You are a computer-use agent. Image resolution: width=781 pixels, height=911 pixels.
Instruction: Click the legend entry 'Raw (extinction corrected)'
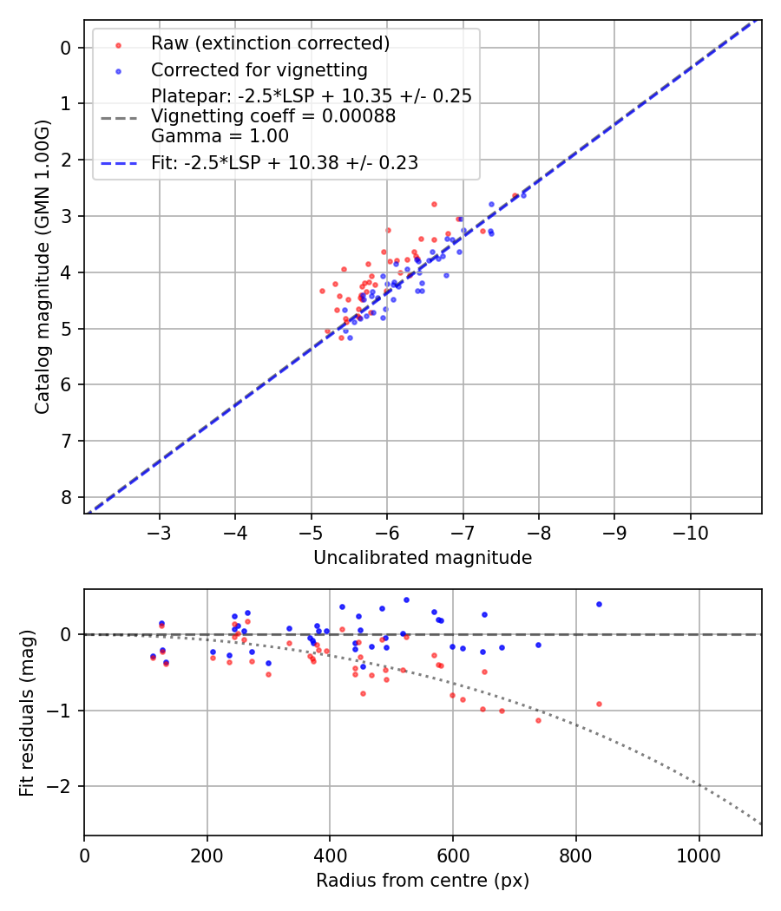click(270, 43)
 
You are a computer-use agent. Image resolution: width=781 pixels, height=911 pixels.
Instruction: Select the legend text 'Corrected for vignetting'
click(259, 69)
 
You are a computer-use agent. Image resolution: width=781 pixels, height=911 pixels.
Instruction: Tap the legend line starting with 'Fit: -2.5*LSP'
click(285, 162)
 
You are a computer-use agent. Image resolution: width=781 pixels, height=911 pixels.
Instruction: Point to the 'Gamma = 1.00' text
click(220, 136)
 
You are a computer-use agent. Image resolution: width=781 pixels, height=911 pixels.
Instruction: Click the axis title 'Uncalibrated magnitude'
click(423, 558)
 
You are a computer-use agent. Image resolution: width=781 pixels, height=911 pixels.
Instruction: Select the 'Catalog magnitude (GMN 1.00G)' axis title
click(43, 266)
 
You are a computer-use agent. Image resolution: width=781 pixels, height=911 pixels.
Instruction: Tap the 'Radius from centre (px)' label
click(423, 881)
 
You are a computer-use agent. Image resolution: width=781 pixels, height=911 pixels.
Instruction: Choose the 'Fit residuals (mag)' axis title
click(27, 712)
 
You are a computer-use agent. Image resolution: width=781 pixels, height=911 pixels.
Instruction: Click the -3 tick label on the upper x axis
click(160, 530)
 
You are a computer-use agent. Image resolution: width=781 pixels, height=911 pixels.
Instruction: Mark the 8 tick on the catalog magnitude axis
click(65, 497)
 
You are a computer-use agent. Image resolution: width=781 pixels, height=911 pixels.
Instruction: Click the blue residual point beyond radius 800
click(599, 604)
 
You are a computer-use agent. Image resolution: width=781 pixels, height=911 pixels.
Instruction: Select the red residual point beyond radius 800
click(599, 704)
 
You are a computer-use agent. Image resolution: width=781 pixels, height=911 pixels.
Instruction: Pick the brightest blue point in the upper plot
click(523, 195)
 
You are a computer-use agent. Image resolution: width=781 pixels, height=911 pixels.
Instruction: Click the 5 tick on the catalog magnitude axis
click(65, 329)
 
